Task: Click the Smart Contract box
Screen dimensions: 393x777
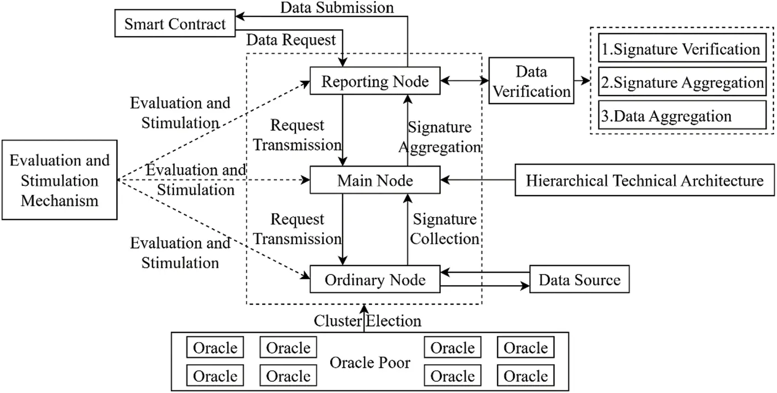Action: pos(175,24)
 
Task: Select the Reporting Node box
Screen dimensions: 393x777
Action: pos(375,82)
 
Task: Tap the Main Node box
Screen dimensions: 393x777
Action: pos(375,180)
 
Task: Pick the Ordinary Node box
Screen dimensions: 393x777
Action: pos(375,280)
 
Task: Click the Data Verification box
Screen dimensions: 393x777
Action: pos(531,81)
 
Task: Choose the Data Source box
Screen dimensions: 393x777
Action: pos(579,280)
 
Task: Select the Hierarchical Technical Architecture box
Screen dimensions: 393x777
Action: pos(644,180)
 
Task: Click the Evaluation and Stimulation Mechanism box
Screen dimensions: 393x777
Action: pos(60,180)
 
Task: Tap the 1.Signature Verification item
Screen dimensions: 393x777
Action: pos(681,49)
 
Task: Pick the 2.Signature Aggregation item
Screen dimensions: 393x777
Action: pos(681,82)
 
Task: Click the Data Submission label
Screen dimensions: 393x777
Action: pos(337,8)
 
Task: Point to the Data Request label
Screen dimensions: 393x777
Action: pos(291,40)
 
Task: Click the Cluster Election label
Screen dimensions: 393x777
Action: pos(368,320)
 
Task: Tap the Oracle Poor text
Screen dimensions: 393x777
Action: pos(370,363)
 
